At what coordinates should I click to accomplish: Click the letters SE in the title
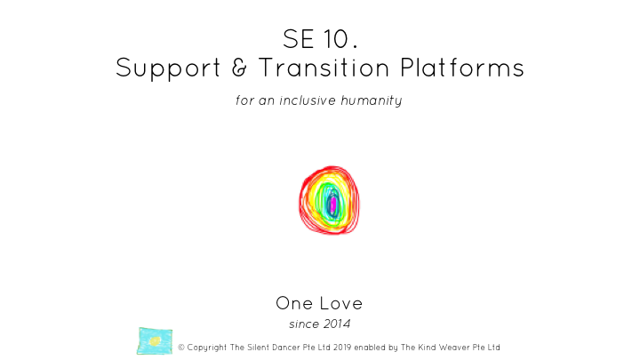coord(299,39)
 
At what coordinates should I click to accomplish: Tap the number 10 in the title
coord(337,39)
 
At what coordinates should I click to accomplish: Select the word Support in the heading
coord(168,68)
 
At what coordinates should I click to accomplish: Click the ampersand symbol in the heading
coord(240,68)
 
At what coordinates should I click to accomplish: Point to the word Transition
coord(324,68)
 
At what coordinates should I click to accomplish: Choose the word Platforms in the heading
coord(462,68)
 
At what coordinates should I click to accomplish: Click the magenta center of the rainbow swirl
coord(333,204)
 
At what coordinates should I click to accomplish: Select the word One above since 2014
coord(294,303)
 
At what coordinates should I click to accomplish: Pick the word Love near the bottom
coord(340,303)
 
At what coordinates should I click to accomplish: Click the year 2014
coord(335,324)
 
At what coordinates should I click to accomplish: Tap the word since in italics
coord(302,324)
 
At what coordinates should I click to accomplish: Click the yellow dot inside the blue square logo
coord(155,341)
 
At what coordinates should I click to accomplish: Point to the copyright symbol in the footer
coord(181,348)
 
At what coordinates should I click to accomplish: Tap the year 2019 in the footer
coord(342,348)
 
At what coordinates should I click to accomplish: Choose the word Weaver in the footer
coord(454,348)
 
